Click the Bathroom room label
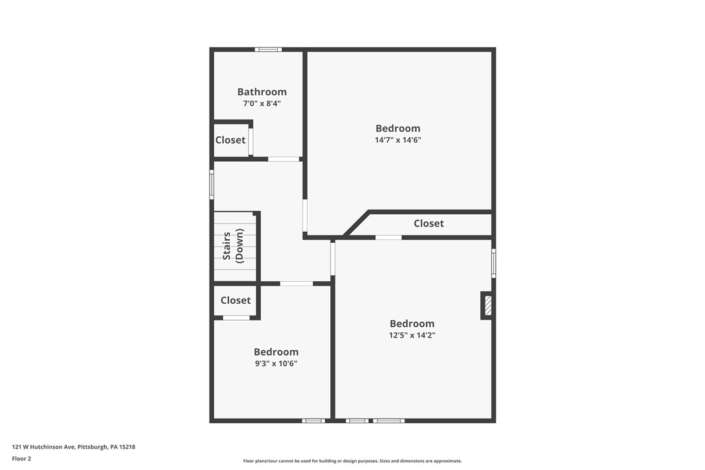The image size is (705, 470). [262, 92]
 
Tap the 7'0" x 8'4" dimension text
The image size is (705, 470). [262, 103]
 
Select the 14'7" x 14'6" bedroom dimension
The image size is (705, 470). [398, 140]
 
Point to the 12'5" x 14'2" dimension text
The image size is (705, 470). [412, 335]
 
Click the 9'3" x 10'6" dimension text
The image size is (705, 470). [276, 364]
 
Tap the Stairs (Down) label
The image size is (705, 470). [234, 246]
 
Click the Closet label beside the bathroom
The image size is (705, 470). [230, 140]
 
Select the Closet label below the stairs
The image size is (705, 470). [235, 301]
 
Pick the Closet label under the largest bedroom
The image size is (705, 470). [428, 223]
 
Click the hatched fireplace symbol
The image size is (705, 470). [488, 306]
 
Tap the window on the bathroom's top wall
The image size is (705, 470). [267, 49]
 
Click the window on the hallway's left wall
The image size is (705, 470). [212, 184]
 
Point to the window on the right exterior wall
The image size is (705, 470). [493, 263]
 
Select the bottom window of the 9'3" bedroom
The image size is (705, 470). [314, 421]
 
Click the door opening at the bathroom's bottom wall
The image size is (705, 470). [284, 159]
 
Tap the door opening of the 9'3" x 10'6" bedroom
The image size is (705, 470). [296, 284]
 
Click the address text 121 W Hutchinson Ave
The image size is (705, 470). [73, 447]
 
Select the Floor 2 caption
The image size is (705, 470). [21, 458]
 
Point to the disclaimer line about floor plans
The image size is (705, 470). [352, 461]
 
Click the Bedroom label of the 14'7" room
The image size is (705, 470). [398, 129]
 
